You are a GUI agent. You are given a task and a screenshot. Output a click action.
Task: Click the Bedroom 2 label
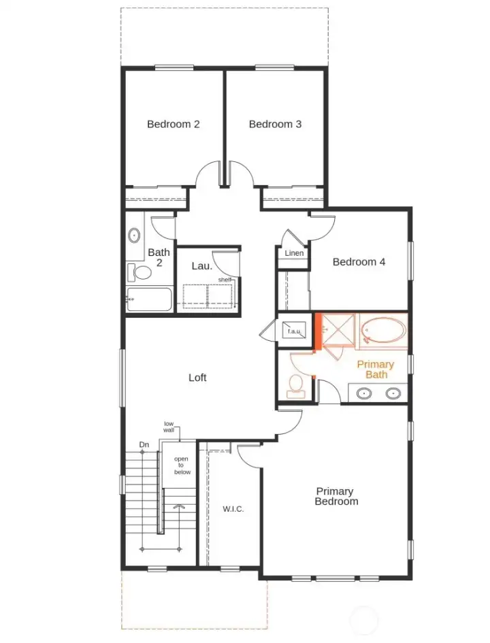(x=173, y=124)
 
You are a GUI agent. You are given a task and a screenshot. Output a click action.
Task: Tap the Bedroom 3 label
(x=275, y=124)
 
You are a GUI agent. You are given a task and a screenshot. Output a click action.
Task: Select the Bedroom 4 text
(x=359, y=261)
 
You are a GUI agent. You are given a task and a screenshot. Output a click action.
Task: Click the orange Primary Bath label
(x=376, y=369)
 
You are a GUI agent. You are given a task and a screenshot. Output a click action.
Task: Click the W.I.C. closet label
(x=233, y=509)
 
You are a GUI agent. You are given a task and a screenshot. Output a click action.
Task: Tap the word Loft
(x=197, y=377)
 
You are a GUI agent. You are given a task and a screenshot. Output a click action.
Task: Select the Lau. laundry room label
(x=201, y=265)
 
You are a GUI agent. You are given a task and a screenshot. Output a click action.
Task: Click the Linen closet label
(x=294, y=253)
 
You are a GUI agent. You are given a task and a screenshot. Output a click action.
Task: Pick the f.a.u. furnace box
(x=294, y=331)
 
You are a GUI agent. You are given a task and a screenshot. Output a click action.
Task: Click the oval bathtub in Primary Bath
(x=384, y=331)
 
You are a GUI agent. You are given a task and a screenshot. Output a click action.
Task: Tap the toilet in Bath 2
(x=142, y=273)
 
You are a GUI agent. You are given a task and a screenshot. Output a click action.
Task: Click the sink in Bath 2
(x=134, y=236)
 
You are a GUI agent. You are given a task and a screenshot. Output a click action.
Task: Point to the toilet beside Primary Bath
(x=295, y=385)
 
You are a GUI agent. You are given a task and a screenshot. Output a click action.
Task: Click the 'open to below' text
(x=181, y=465)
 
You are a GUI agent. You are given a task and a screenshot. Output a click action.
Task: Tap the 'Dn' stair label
(x=144, y=445)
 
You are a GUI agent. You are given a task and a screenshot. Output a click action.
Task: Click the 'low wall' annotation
(x=169, y=427)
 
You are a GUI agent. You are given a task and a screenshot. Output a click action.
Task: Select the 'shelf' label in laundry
(x=224, y=280)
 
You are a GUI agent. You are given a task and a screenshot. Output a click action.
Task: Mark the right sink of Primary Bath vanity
(x=393, y=393)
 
